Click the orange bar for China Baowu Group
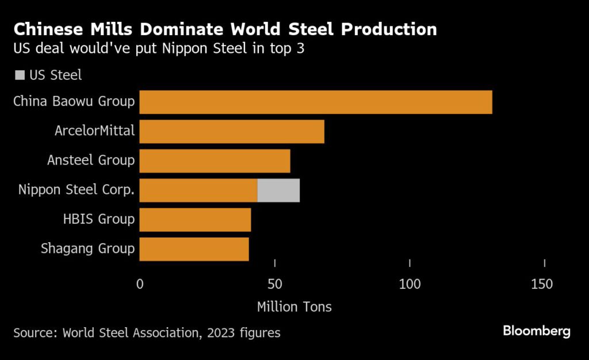click(315, 102)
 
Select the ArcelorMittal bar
click(232, 132)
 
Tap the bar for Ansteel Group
click(215, 161)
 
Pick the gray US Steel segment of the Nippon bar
click(278, 190)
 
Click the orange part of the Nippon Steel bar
click(198, 190)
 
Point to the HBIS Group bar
click(195, 220)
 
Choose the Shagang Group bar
click(194, 249)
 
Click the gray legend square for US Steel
click(20, 75)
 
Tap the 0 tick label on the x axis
click(140, 284)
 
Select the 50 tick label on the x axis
click(275, 284)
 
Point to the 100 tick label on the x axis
click(410, 284)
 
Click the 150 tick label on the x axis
click(544, 284)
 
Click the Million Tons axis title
click(294, 307)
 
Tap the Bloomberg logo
click(536, 331)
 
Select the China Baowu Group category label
click(74, 102)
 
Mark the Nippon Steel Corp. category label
click(76, 190)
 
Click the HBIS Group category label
click(98, 219)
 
